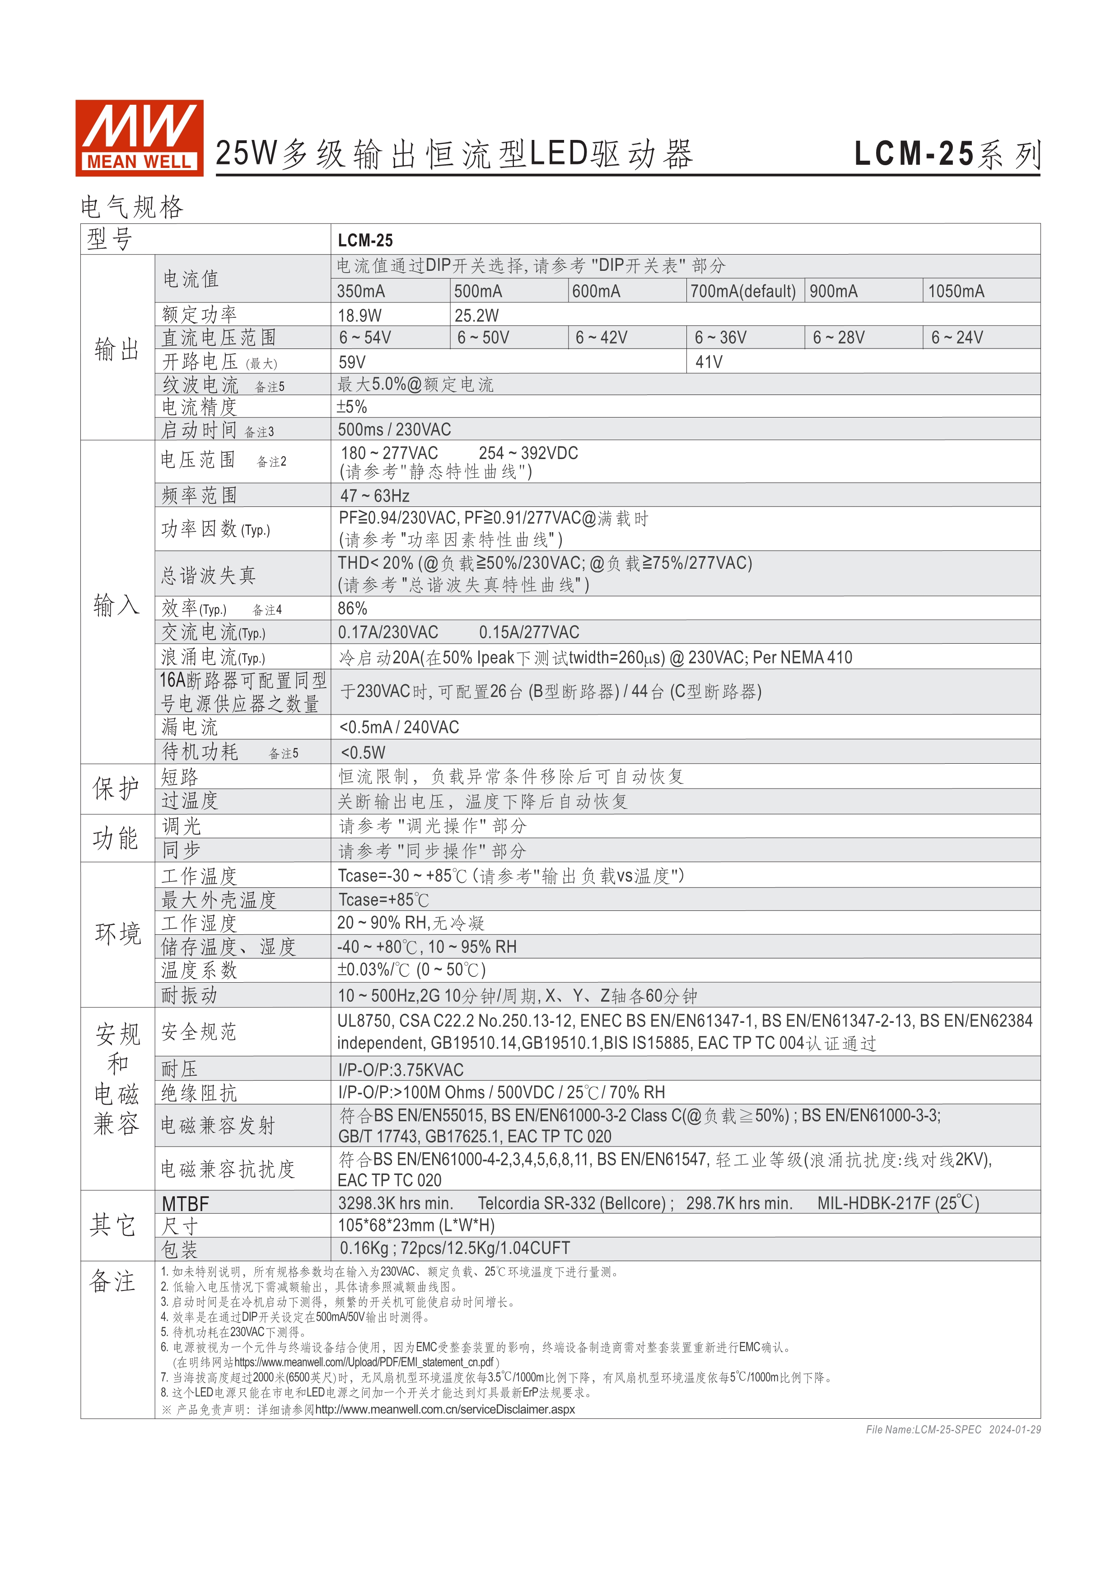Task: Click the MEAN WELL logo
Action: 139,138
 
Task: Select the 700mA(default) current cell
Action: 743,291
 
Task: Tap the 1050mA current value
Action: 956,291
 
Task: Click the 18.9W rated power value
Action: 359,316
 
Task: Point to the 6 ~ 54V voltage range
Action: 365,338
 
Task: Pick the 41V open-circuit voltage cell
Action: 709,362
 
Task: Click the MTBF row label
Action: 185,1204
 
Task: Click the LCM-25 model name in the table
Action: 365,240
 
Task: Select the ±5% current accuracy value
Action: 352,407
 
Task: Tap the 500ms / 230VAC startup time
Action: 394,430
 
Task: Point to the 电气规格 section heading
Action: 132,207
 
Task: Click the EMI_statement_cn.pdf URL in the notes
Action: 364,1362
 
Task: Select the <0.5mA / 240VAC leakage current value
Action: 399,727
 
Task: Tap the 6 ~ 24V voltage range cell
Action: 957,338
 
